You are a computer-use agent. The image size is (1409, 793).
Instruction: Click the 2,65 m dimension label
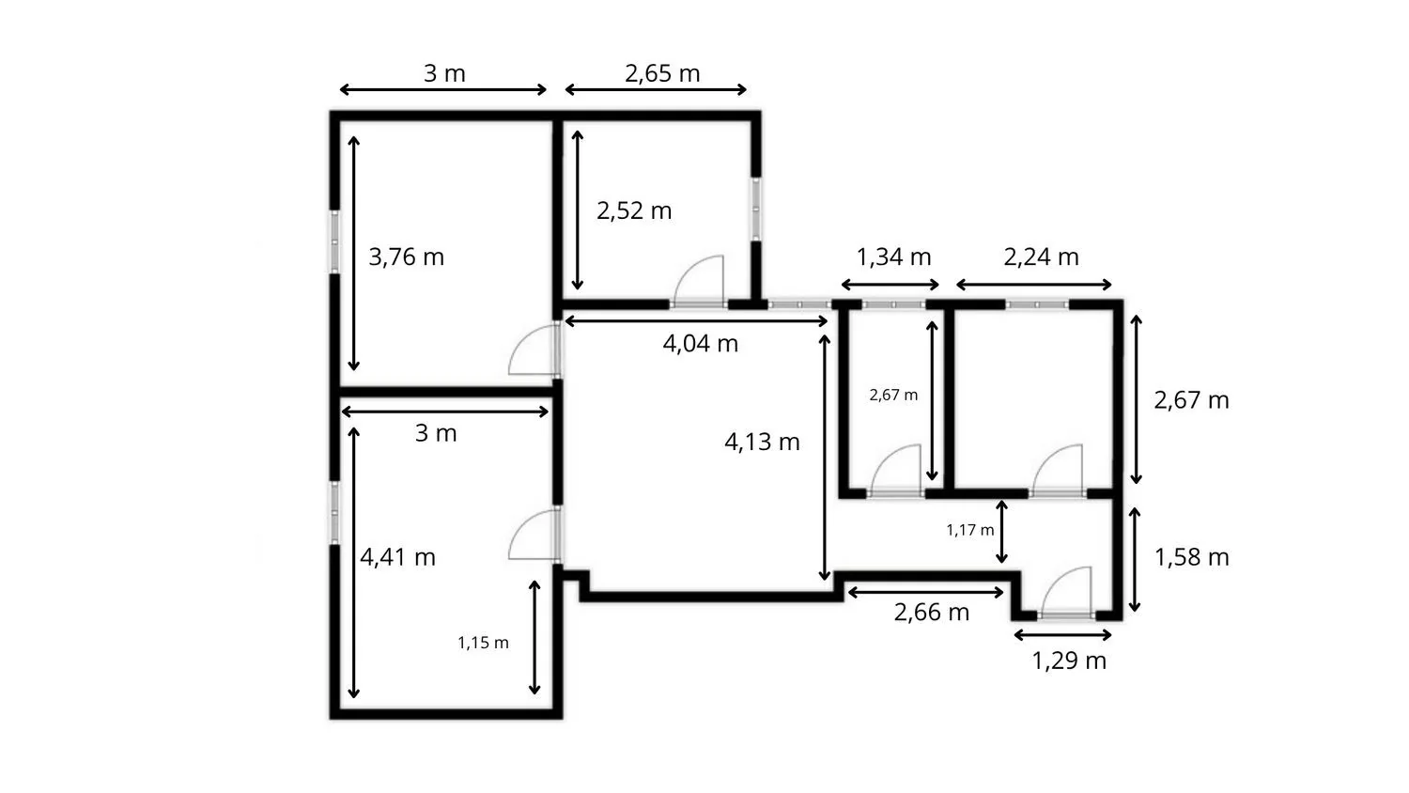662,73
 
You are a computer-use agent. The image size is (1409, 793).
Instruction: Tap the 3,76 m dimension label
407,257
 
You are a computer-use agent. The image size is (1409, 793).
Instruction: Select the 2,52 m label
634,210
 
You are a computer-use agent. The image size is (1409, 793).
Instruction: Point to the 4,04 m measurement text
701,344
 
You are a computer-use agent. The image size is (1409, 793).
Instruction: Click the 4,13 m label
763,443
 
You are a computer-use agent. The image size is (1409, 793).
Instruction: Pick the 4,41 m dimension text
397,557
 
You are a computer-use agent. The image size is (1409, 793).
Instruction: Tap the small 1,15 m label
483,643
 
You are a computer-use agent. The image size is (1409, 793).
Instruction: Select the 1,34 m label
894,257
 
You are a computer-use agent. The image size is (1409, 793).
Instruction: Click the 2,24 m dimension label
1041,257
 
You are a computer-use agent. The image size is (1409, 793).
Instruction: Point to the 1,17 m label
970,530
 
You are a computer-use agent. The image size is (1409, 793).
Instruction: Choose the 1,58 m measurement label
1192,557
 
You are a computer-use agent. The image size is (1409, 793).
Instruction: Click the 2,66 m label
932,613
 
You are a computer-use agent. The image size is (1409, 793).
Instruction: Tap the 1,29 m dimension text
1069,661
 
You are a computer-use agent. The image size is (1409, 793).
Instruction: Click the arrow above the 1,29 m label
1063,636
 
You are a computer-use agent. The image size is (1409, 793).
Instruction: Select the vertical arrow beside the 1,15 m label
534,638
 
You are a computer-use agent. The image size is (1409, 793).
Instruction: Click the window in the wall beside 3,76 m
334,242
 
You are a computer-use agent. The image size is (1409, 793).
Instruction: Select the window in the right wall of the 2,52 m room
756,209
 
